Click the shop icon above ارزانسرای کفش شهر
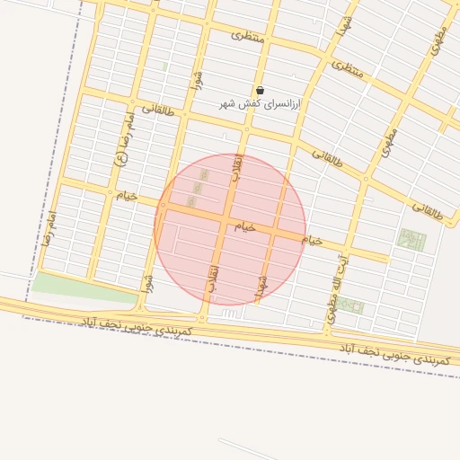tap(261, 91)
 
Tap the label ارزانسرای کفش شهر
tap(261, 104)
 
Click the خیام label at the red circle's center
tap(245, 226)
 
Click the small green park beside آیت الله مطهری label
tap(349, 305)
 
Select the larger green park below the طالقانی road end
tap(411, 240)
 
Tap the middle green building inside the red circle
tap(197, 187)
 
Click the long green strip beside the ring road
tap(85, 287)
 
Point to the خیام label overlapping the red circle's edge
tap(312, 241)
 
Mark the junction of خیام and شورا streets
tap(164, 206)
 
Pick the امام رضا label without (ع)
tap(49, 228)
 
